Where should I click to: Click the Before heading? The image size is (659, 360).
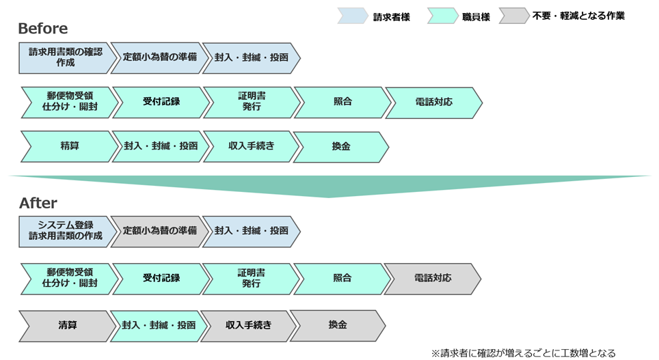[42, 29]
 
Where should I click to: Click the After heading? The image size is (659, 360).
[38, 204]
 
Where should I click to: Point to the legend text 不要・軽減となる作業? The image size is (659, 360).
[578, 16]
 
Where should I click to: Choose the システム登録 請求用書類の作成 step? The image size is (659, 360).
[65, 231]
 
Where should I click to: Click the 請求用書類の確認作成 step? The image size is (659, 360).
[65, 57]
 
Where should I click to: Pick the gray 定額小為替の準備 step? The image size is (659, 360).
[159, 231]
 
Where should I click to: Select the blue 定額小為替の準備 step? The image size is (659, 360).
[159, 57]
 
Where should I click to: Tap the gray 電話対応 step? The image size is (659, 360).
[433, 279]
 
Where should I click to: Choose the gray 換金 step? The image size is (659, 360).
[338, 325]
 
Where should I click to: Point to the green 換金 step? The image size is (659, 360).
[340, 146]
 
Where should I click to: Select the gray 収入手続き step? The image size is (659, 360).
[247, 325]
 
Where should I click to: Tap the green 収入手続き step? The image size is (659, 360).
[251, 146]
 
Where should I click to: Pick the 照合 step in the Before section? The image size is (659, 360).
[342, 102]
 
